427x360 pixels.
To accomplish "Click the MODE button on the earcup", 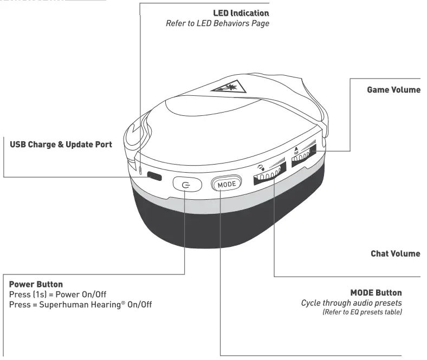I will click(224, 184).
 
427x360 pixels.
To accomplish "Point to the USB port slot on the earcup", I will click(155, 176).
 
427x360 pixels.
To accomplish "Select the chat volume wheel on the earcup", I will click(267, 177).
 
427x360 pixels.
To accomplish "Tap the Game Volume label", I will click(394, 89).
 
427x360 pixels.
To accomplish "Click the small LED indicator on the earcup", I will click(141, 172).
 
